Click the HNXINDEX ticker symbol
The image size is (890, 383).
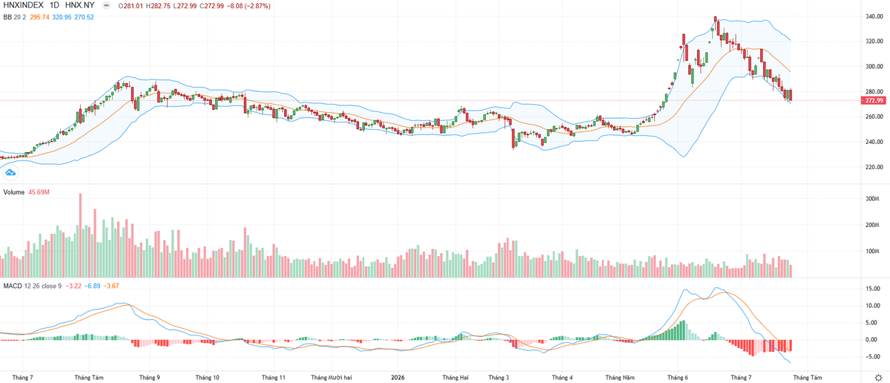tap(24, 6)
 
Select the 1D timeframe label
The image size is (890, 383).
tap(54, 6)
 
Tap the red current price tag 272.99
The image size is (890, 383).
tap(874, 101)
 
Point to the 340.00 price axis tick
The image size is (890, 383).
tap(874, 16)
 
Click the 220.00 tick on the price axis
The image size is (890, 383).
tap(874, 167)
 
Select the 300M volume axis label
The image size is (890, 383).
tap(872, 199)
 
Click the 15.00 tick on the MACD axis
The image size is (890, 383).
tap(874, 289)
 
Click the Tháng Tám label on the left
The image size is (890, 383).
tap(89, 377)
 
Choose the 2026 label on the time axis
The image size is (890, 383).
tap(398, 377)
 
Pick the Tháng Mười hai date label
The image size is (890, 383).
tap(332, 377)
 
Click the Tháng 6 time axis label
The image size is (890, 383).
tap(677, 377)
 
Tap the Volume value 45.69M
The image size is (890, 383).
tap(39, 192)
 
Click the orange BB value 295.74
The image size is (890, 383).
tap(39, 17)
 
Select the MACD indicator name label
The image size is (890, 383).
tap(13, 286)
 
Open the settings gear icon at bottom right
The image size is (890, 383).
tap(878, 378)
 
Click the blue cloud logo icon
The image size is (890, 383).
tap(10, 173)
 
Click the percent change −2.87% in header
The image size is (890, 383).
tap(259, 6)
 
